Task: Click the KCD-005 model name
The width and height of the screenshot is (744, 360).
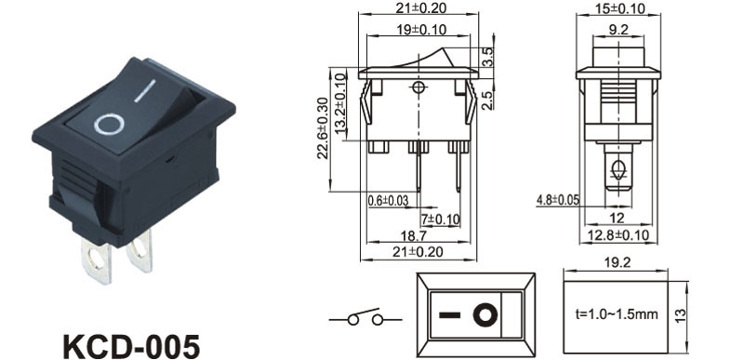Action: tap(131, 347)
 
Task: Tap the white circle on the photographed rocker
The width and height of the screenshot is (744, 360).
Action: tap(109, 125)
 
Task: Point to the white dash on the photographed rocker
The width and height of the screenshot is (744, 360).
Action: tap(145, 90)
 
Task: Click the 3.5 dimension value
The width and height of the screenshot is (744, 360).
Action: tap(487, 57)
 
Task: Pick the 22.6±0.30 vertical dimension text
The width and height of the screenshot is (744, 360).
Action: tap(323, 128)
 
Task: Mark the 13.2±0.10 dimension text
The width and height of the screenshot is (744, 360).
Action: tap(339, 105)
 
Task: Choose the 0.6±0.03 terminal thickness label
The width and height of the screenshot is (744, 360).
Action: tap(388, 201)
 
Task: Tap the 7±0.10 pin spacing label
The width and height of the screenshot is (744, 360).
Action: tap(441, 220)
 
